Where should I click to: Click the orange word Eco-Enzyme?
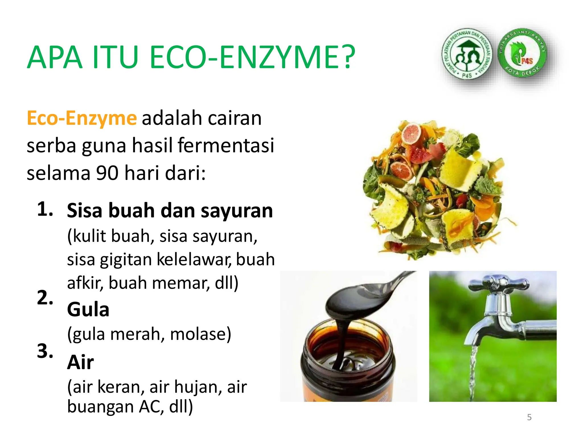click(82, 118)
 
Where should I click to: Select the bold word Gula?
click(88, 309)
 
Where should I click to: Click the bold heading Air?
click(81, 362)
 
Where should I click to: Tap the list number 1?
click(45, 209)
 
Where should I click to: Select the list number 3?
click(45, 351)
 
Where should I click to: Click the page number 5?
click(529, 417)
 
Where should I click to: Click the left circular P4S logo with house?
click(467, 54)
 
